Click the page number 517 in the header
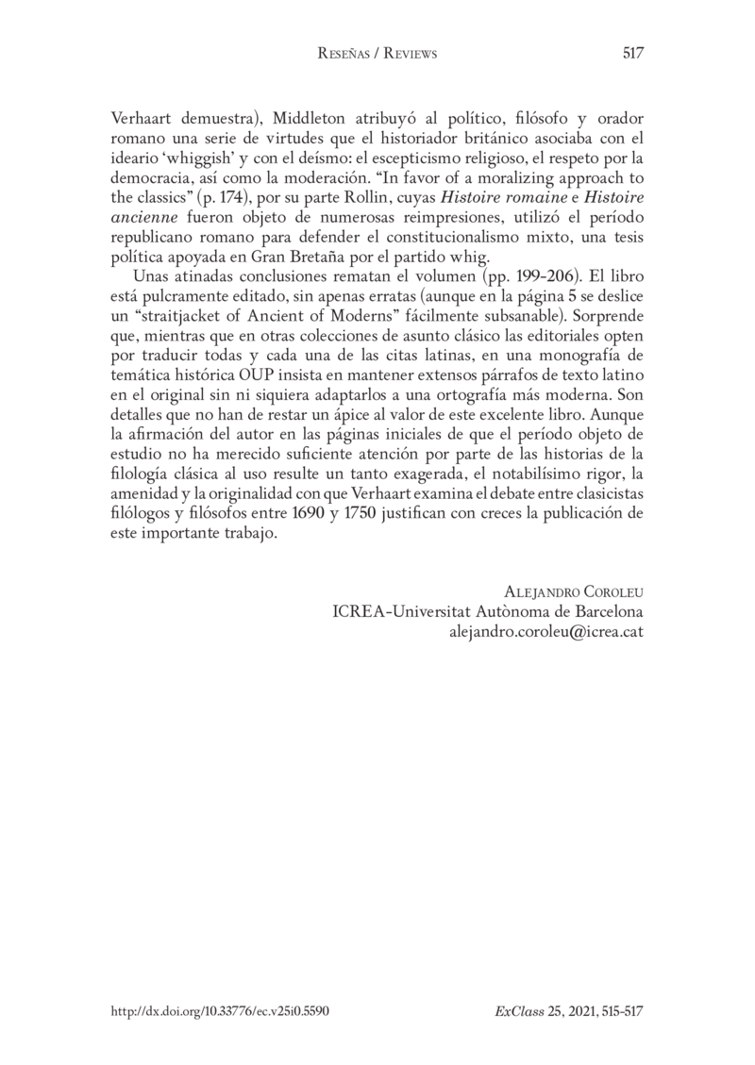click(632, 54)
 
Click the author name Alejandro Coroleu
click(575, 591)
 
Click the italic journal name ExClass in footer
click(514, 1009)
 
